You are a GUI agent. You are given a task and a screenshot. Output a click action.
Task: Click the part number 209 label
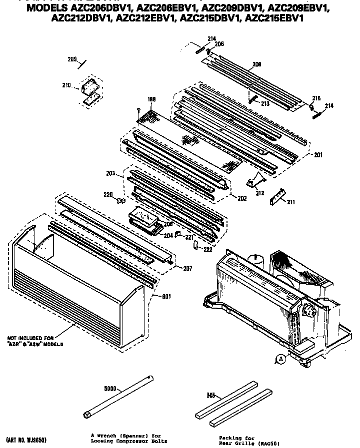72,60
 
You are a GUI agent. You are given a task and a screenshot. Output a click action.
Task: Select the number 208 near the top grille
256,64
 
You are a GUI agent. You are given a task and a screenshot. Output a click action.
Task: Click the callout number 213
265,104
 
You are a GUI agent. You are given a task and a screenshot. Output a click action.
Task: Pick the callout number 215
316,98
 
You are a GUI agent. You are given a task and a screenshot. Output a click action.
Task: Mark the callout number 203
111,173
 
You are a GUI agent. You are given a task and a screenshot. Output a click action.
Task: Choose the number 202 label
242,198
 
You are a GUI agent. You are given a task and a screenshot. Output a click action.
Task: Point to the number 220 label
108,194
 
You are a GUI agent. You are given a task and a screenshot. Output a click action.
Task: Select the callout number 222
207,249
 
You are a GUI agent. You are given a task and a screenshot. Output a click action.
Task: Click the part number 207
187,269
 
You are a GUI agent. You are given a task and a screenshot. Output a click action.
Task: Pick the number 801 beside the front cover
166,296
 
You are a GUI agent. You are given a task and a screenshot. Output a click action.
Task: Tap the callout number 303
211,396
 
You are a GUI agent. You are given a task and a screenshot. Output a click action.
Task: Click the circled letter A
281,358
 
